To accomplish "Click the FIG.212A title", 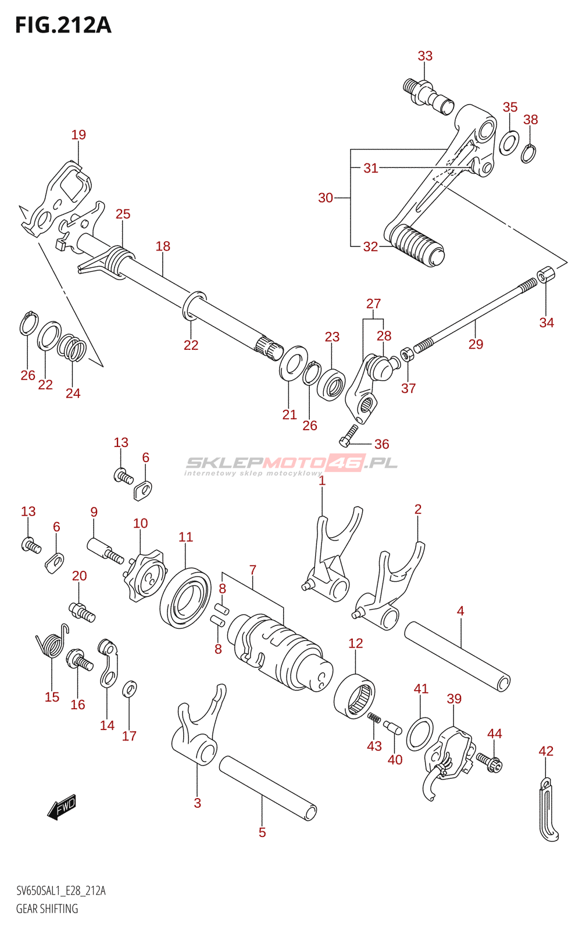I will coord(63,25).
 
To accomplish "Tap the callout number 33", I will coord(425,56).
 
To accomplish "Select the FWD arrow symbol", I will coord(62,807).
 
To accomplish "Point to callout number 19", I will coord(78,135).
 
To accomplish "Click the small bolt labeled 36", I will coord(349,434).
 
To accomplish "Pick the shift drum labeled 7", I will coord(279,651).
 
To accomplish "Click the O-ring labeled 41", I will coord(420,734).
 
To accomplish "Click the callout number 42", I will coord(546,751).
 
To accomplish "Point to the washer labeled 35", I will coord(509,143).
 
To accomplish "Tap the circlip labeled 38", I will coord(528,153).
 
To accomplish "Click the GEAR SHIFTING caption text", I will coord(47,908).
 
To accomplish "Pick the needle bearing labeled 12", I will coord(355,695).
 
